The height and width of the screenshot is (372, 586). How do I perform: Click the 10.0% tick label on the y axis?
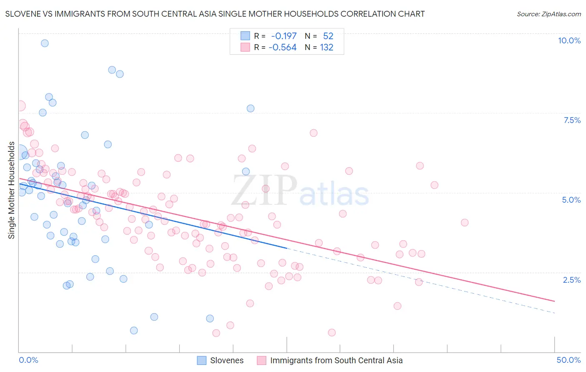(569, 40)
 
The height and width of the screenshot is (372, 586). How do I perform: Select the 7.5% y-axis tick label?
(572, 120)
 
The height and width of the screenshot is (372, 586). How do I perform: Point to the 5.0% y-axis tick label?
(571, 200)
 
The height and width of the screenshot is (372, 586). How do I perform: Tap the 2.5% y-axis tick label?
(571, 280)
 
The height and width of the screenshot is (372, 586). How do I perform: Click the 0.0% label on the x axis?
(28, 360)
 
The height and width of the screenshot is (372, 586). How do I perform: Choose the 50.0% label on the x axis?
(568, 360)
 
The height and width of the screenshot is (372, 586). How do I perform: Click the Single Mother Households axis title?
(12, 190)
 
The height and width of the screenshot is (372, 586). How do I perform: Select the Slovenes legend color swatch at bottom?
(202, 360)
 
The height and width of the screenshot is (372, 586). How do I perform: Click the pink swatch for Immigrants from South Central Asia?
(261, 360)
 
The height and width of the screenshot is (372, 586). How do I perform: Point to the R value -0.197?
(283, 36)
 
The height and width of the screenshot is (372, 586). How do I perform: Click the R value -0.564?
(283, 47)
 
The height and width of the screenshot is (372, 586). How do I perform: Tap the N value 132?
(327, 47)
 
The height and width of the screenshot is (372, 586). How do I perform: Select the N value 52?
(328, 36)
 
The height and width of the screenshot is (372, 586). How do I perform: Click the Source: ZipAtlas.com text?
(548, 14)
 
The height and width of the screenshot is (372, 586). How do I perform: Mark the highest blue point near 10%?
(45, 43)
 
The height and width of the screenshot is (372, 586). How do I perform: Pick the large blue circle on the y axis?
(19, 153)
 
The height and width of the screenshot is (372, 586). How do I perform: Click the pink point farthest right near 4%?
(464, 222)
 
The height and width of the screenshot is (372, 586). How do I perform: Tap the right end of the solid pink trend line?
(554, 301)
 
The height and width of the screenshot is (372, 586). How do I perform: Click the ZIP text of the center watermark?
(264, 191)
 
